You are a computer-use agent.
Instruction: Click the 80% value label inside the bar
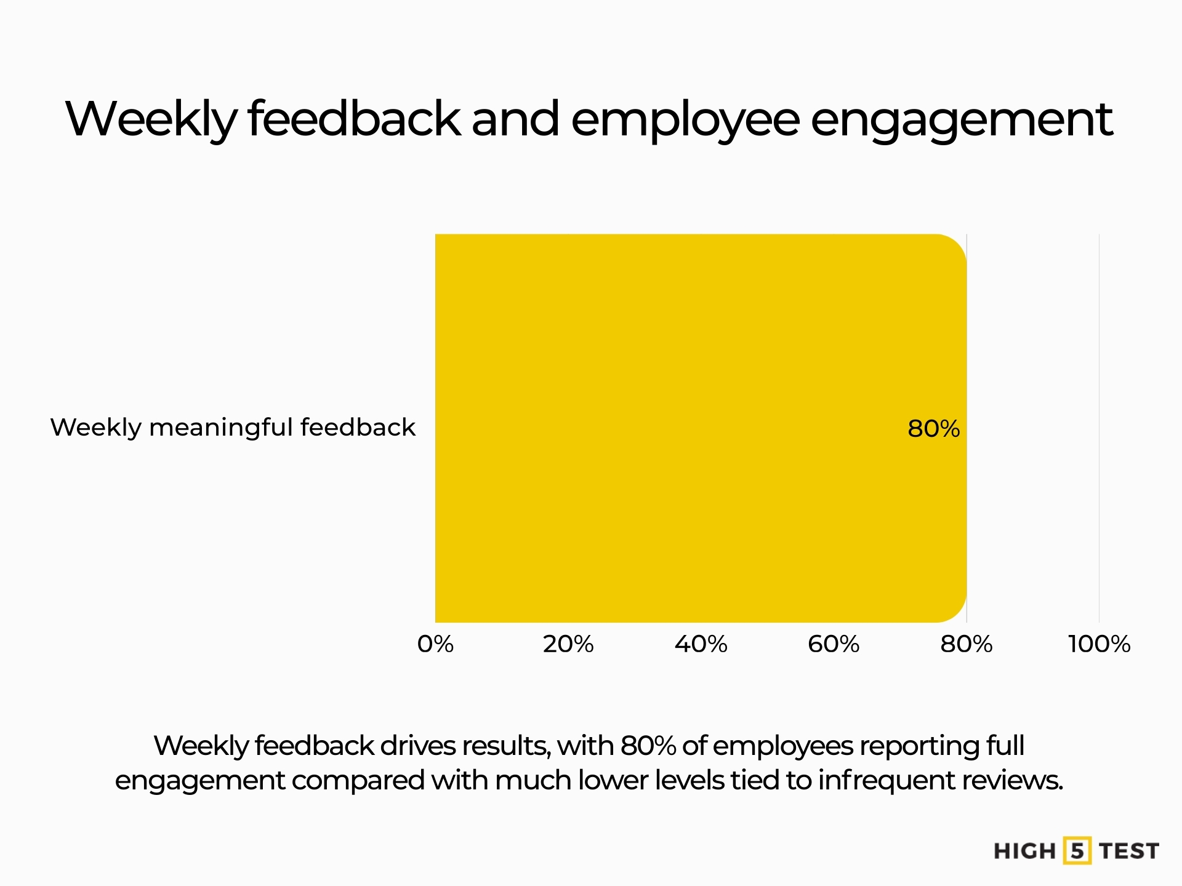point(933,429)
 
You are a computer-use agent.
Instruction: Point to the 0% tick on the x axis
point(435,644)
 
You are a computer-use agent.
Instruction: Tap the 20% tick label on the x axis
point(568,644)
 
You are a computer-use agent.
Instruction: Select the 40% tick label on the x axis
point(701,644)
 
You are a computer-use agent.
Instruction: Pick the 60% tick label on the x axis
point(834,644)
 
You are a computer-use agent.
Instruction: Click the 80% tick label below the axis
point(966,644)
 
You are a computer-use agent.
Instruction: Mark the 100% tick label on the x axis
point(1099,644)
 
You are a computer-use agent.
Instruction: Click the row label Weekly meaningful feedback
point(233,427)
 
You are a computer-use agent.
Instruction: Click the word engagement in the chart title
point(961,120)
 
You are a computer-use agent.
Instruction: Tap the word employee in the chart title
point(685,120)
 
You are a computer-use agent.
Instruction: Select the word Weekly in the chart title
point(151,120)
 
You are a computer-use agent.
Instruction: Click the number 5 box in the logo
point(1077,851)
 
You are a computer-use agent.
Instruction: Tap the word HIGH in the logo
point(1024,852)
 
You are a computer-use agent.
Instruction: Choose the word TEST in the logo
point(1129,852)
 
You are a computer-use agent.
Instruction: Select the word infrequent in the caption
point(886,780)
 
